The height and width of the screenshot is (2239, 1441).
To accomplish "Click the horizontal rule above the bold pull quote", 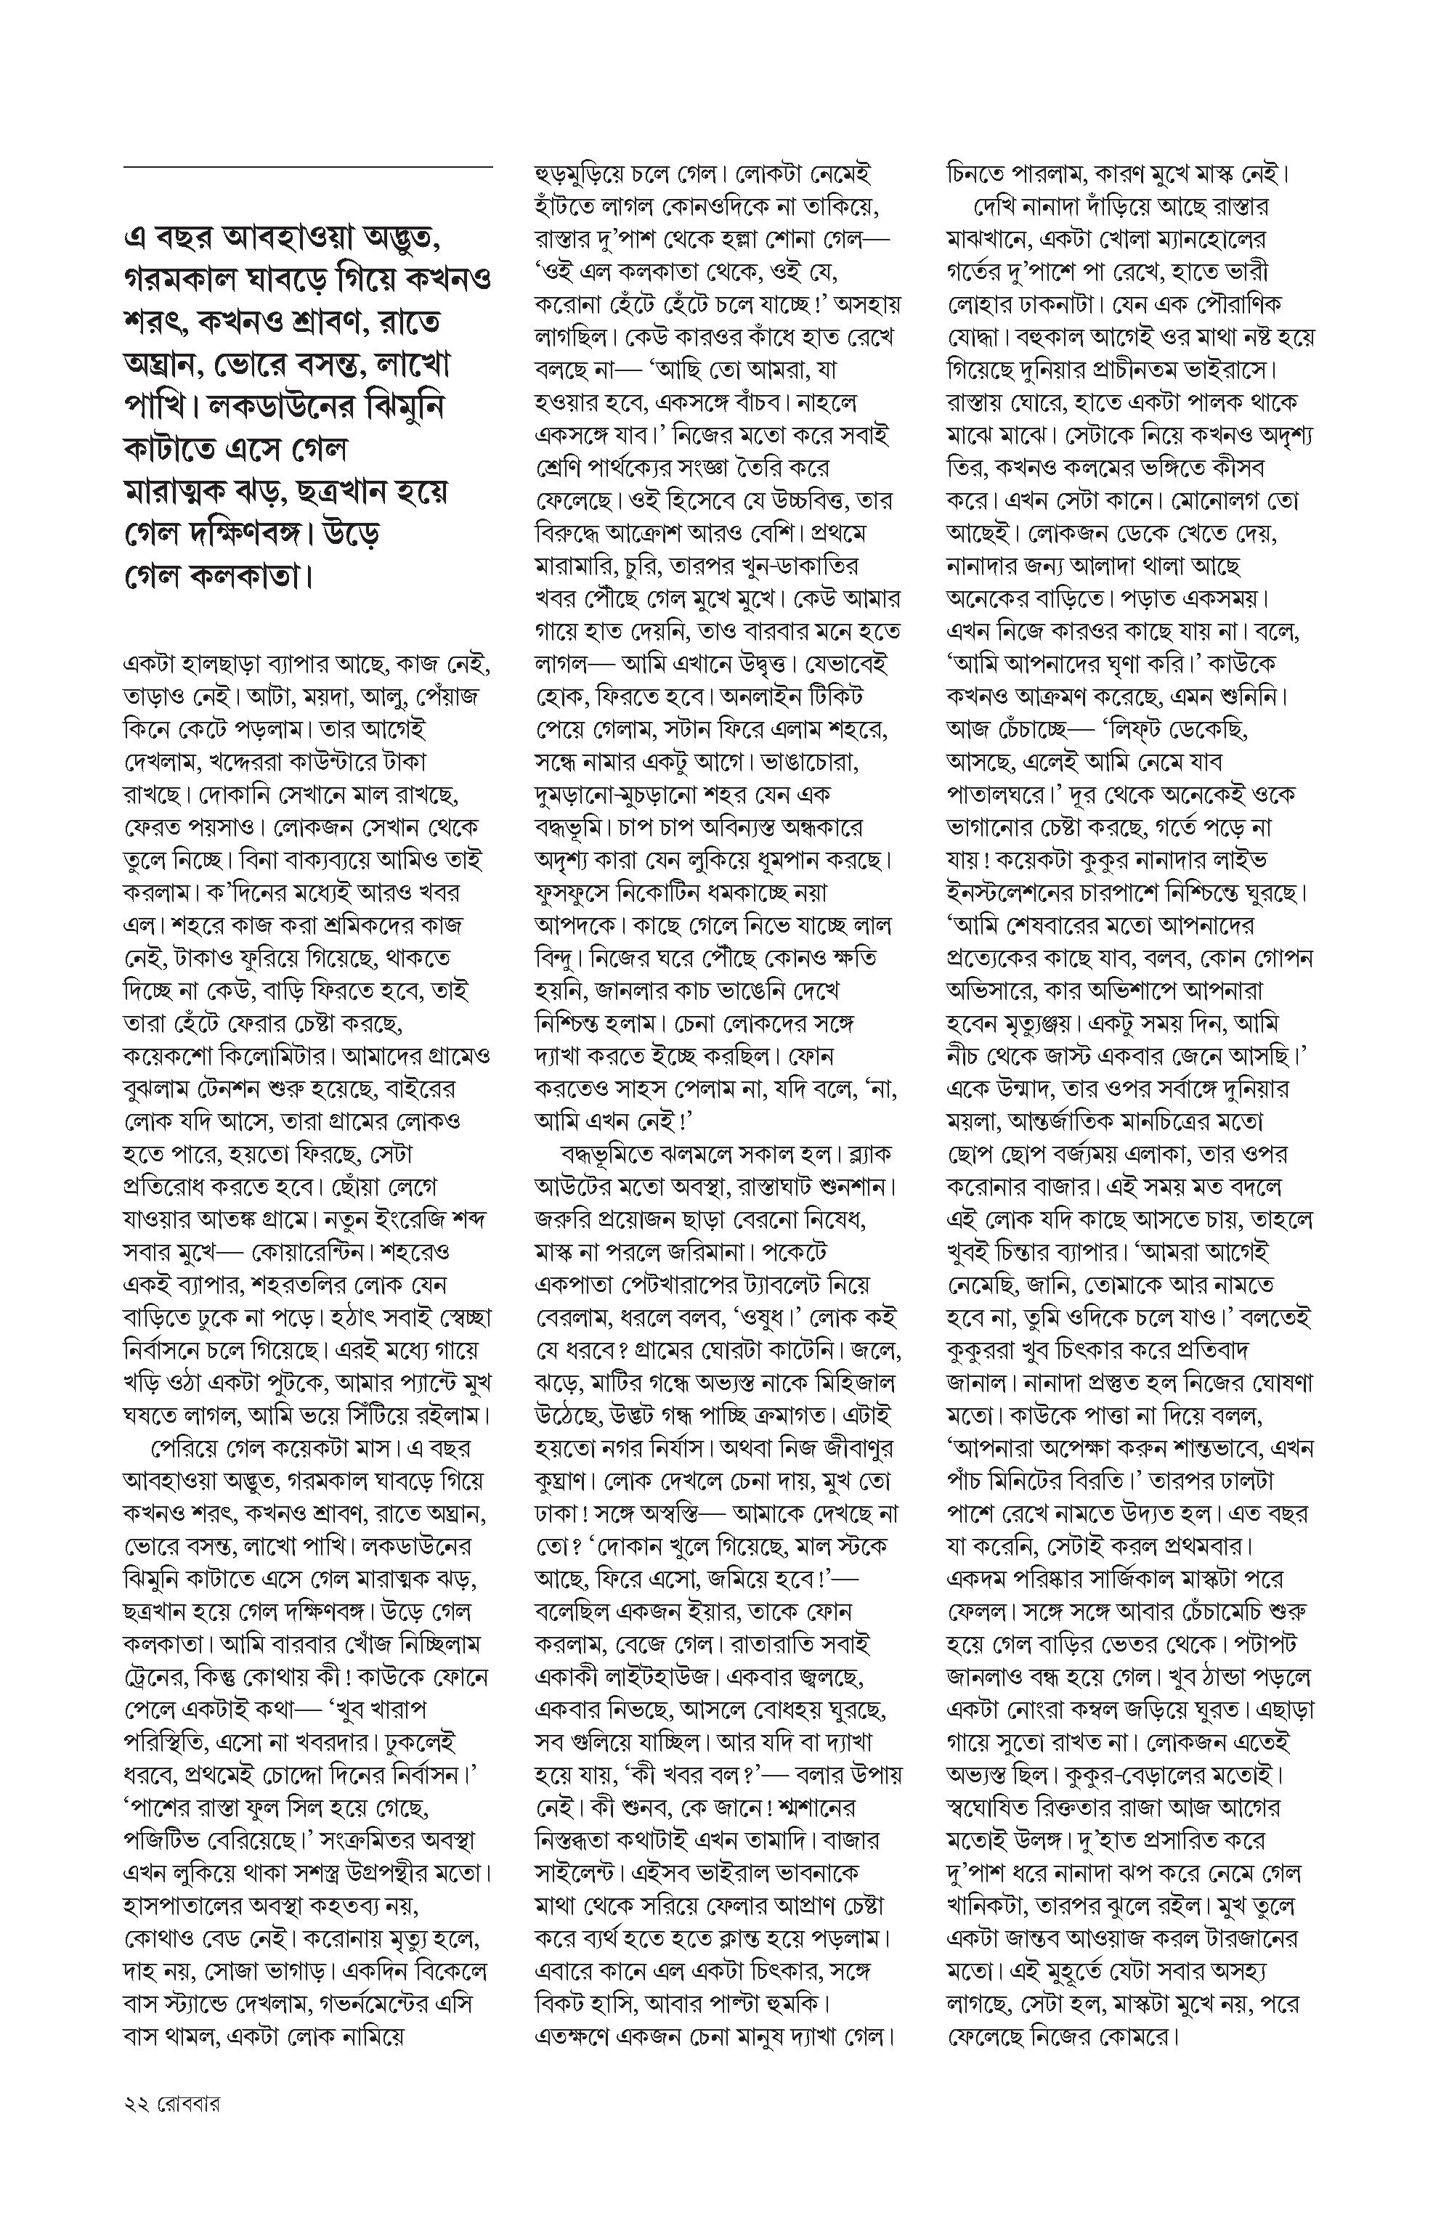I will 308,166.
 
